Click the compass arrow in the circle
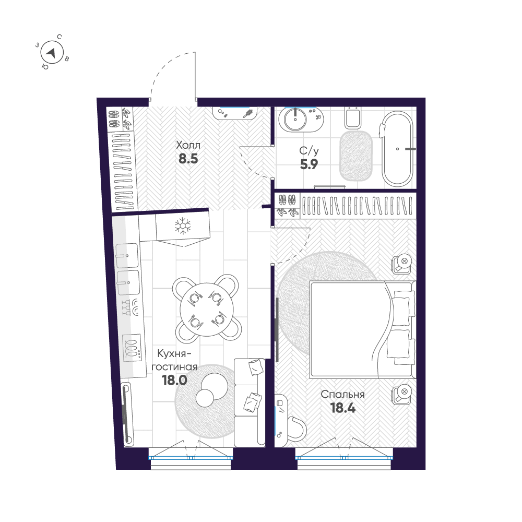tap(51, 53)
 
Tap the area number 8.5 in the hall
tap(188, 159)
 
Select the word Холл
tap(188, 145)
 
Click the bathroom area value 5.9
tap(309, 164)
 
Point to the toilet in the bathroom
tap(353, 118)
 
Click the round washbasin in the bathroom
tap(295, 119)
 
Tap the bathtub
tap(397, 148)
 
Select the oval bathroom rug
tap(355, 156)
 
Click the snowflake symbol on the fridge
tap(183, 226)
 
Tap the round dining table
tap(207, 309)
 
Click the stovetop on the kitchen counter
tap(132, 348)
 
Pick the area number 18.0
tap(174, 380)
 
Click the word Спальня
tap(342, 395)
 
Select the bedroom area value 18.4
tap(343, 408)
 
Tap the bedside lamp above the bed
tap(402, 264)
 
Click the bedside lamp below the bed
tap(402, 395)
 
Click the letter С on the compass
tap(60, 37)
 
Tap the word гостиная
tap(174, 367)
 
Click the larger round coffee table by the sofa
tap(215, 386)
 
